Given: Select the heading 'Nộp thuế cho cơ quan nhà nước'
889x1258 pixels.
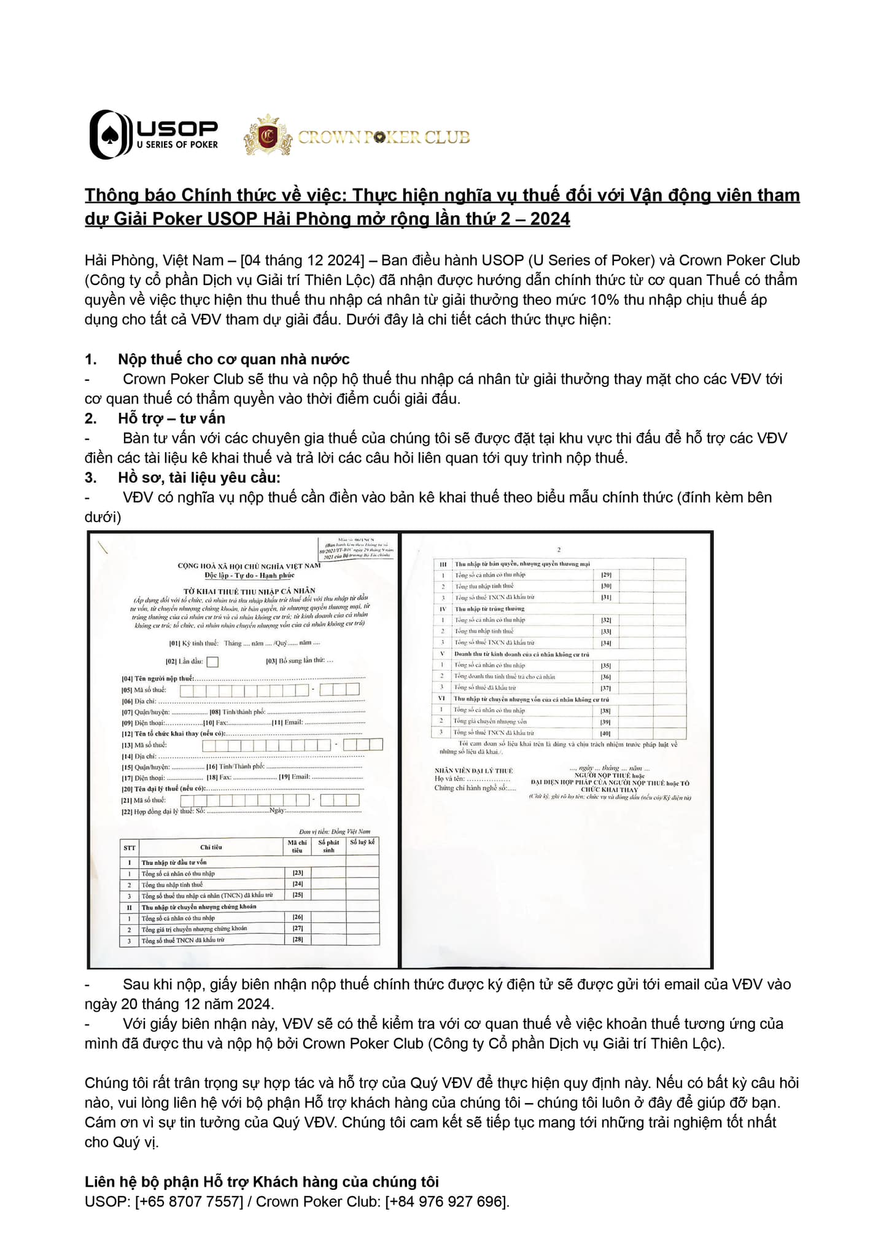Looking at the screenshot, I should (x=234, y=359).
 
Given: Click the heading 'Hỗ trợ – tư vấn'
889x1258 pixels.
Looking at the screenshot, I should (x=171, y=418).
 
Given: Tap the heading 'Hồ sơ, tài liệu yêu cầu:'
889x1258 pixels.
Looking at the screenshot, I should (x=199, y=477).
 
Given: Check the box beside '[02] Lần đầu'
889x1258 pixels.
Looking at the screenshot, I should (x=212, y=662).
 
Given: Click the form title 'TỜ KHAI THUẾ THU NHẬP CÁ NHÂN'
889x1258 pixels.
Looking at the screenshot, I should (x=249, y=590).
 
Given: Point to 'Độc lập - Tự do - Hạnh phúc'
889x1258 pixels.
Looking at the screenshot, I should (x=249, y=576).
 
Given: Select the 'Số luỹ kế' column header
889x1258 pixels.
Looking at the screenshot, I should (x=362, y=842).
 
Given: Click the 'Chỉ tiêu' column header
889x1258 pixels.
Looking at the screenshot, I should (x=211, y=847).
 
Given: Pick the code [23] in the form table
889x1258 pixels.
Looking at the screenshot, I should (x=298, y=873).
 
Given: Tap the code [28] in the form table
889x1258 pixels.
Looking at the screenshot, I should (x=298, y=940).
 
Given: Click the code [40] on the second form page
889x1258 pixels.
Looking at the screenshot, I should (x=605, y=733).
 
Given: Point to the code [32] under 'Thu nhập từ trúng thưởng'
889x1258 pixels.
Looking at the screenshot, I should (x=605, y=620).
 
